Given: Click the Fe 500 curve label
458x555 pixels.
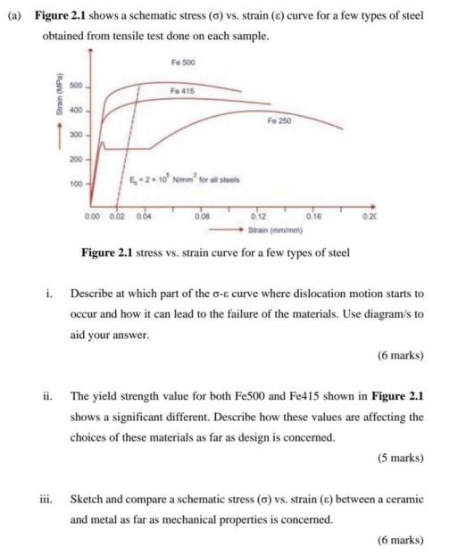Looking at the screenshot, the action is point(181,62).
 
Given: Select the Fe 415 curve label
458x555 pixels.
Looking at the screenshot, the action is point(181,91).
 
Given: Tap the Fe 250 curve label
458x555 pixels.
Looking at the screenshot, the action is point(279,119).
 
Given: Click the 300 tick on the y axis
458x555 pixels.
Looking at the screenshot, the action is point(76,137).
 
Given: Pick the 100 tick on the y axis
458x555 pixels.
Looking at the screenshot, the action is point(76,184).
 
